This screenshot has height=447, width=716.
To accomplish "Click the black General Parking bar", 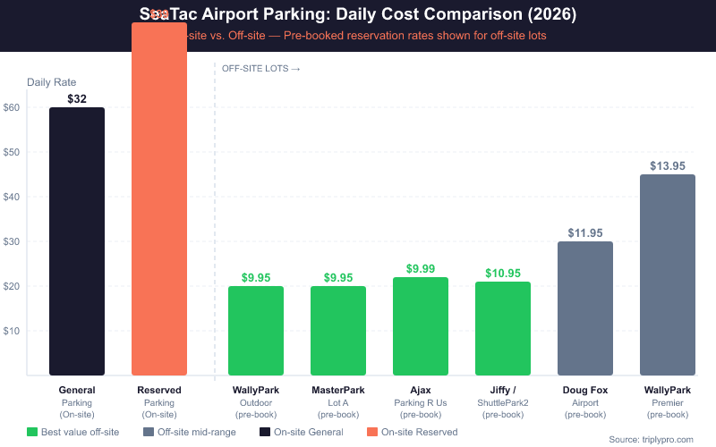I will (77, 241).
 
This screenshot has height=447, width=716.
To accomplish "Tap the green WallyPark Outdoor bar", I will (256, 331).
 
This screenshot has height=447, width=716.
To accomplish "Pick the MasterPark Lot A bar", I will (338, 331).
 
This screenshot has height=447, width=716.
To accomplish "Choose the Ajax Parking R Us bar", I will (421, 326).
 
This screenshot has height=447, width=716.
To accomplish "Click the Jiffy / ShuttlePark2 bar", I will (503, 328).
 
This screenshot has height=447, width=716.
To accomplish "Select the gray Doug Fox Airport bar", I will (585, 308).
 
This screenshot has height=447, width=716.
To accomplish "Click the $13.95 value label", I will (668, 165).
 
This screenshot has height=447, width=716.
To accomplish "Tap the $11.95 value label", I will (585, 232).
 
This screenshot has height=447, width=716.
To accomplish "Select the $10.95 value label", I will (503, 273).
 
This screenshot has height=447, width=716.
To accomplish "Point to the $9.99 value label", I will (421, 268).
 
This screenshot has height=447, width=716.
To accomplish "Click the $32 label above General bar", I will (77, 99).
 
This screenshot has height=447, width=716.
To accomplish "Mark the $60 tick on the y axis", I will (12, 107).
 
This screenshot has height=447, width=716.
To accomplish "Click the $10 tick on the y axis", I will (12, 331).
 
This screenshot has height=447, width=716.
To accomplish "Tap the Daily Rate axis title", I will (51, 82).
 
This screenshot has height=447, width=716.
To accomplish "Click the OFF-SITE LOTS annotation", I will (260, 69).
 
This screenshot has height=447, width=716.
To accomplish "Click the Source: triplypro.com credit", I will (657, 439).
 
